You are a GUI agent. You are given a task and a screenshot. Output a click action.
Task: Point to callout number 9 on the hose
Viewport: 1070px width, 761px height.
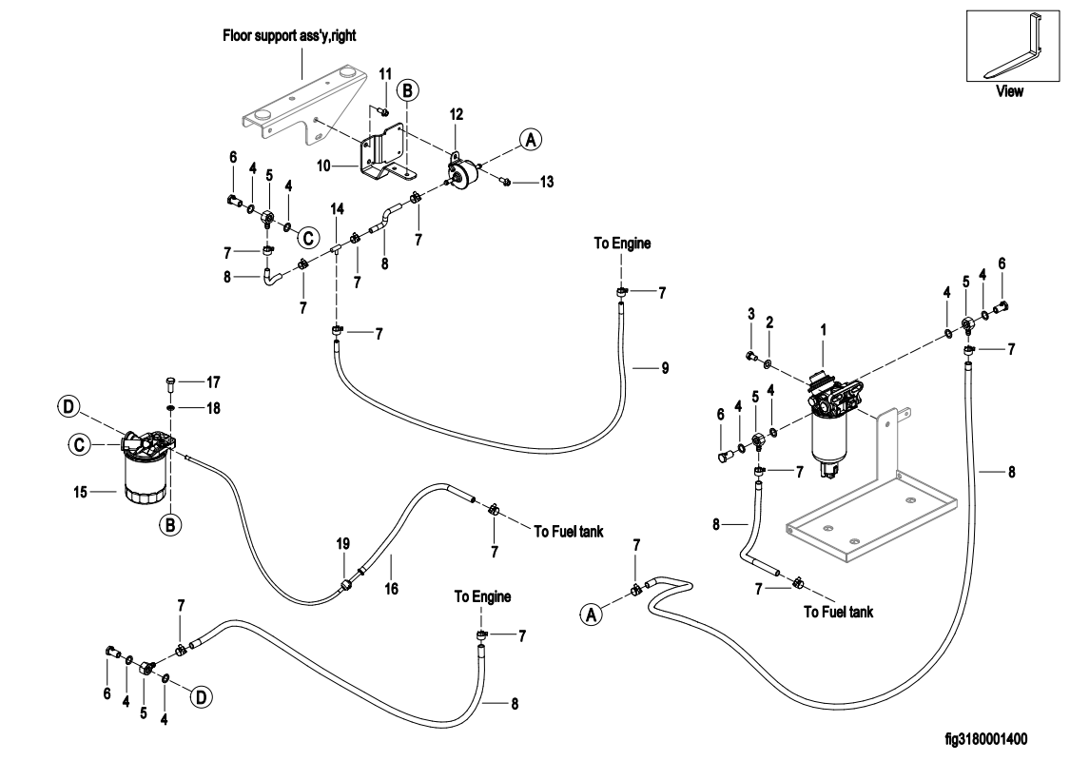665,367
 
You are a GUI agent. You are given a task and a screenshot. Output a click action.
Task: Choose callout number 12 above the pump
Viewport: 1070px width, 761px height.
457,114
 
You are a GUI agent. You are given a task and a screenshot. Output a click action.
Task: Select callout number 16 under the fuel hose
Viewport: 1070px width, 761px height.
390,589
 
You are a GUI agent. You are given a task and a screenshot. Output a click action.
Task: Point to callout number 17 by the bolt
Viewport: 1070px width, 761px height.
214,382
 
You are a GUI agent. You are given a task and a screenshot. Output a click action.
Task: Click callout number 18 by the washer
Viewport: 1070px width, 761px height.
214,407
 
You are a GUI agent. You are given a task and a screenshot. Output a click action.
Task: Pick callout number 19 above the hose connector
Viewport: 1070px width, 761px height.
343,543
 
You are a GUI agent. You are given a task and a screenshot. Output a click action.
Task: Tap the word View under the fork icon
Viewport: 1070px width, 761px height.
1009,92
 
